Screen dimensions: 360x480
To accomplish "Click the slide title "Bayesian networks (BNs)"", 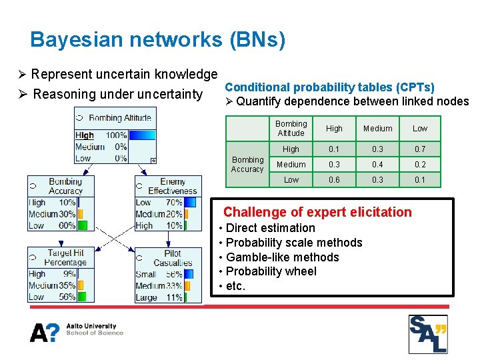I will coord(158,40).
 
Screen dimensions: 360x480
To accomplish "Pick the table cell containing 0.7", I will coord(419,149).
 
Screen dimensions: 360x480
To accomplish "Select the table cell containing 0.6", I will coord(334,180).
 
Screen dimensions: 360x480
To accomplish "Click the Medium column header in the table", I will coord(377,129).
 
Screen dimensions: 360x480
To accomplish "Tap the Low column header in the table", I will coord(419,129).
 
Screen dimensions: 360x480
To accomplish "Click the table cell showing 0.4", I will coord(377,165).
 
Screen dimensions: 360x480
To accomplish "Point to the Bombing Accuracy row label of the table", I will coord(247,165).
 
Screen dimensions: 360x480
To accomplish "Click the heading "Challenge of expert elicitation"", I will coord(317,212).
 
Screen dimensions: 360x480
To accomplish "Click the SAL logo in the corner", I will coord(427,333).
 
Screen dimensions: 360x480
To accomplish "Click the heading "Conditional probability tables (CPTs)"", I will coord(329,87).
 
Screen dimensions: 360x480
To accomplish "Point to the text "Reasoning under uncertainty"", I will coord(117,94).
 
